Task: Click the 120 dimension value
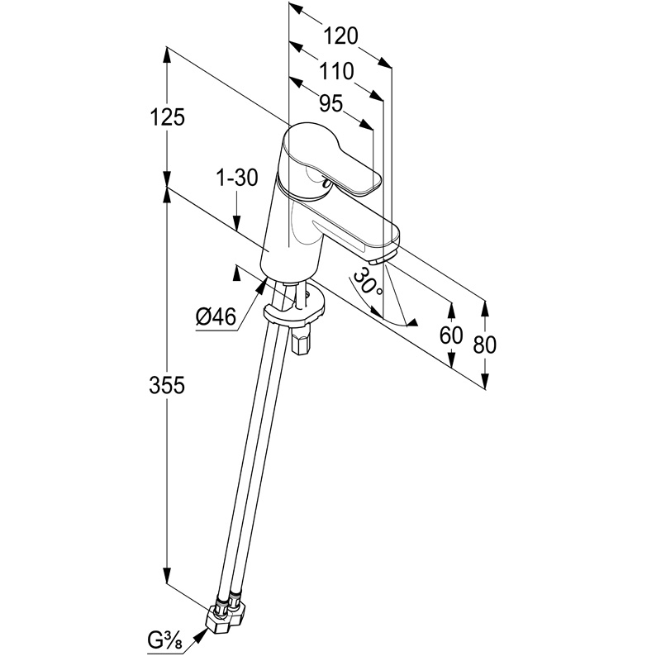point(340,36)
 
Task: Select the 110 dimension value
point(336,71)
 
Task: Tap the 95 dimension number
point(330,103)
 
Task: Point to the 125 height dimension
point(168,117)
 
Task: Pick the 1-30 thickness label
point(236,176)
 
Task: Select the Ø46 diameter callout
point(216,316)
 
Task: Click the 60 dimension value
point(451,335)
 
